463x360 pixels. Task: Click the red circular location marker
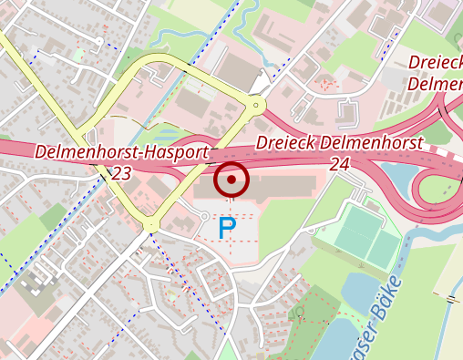point(231,180)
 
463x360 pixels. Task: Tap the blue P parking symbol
point(227,228)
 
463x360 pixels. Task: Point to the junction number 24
point(340,164)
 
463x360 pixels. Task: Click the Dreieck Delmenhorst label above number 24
point(339,144)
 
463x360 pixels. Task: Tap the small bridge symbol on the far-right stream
point(450,298)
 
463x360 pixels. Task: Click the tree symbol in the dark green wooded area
point(300,312)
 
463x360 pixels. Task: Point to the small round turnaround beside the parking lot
point(203,215)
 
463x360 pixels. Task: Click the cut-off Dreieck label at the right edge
point(436,72)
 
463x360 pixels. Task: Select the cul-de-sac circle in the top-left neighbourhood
point(98,41)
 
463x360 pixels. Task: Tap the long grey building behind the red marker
point(273,186)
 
